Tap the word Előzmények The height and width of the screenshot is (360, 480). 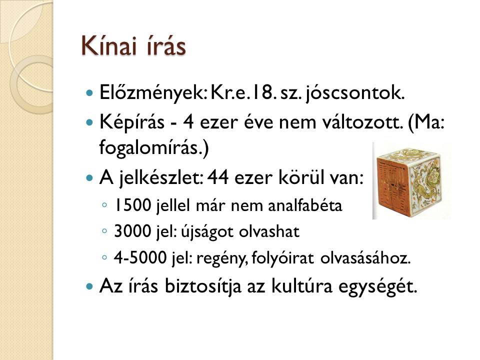pyautogui.click(x=153, y=93)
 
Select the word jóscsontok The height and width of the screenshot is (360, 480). pyautogui.click(x=355, y=93)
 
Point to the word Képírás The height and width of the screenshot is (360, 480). pyautogui.click(x=132, y=123)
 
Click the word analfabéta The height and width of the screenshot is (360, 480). pyautogui.click(x=305, y=205)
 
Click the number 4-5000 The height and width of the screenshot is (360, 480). pyautogui.click(x=140, y=258)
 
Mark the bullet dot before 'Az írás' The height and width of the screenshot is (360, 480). pyautogui.click(x=89, y=287)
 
